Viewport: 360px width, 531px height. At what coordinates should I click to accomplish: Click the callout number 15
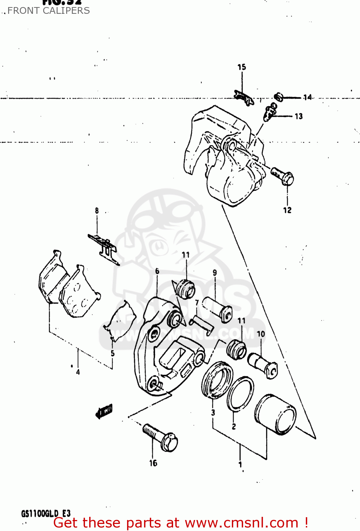[x=241, y=67]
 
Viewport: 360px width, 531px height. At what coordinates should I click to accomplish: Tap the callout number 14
[x=307, y=97]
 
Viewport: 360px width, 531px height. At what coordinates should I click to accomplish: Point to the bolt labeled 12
[x=282, y=176]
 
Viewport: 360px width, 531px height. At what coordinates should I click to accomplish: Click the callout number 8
[x=97, y=211]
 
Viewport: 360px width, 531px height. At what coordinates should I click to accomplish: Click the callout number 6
[x=157, y=271]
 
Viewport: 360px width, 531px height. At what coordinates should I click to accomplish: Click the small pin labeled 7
[x=201, y=325]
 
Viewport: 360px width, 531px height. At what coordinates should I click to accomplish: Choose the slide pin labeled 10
[x=263, y=365]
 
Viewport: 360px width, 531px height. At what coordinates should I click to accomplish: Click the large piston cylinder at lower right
[x=275, y=414]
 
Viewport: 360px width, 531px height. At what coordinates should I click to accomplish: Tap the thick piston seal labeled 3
[x=217, y=380]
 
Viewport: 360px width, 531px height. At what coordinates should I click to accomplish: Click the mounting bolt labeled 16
[x=160, y=436]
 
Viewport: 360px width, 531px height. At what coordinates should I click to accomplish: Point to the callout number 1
[x=240, y=464]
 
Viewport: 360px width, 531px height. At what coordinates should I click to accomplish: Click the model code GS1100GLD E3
[x=46, y=513]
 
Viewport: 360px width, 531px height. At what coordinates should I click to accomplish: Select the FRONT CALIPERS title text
[x=48, y=11]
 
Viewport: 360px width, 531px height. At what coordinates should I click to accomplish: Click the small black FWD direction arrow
[x=104, y=411]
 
